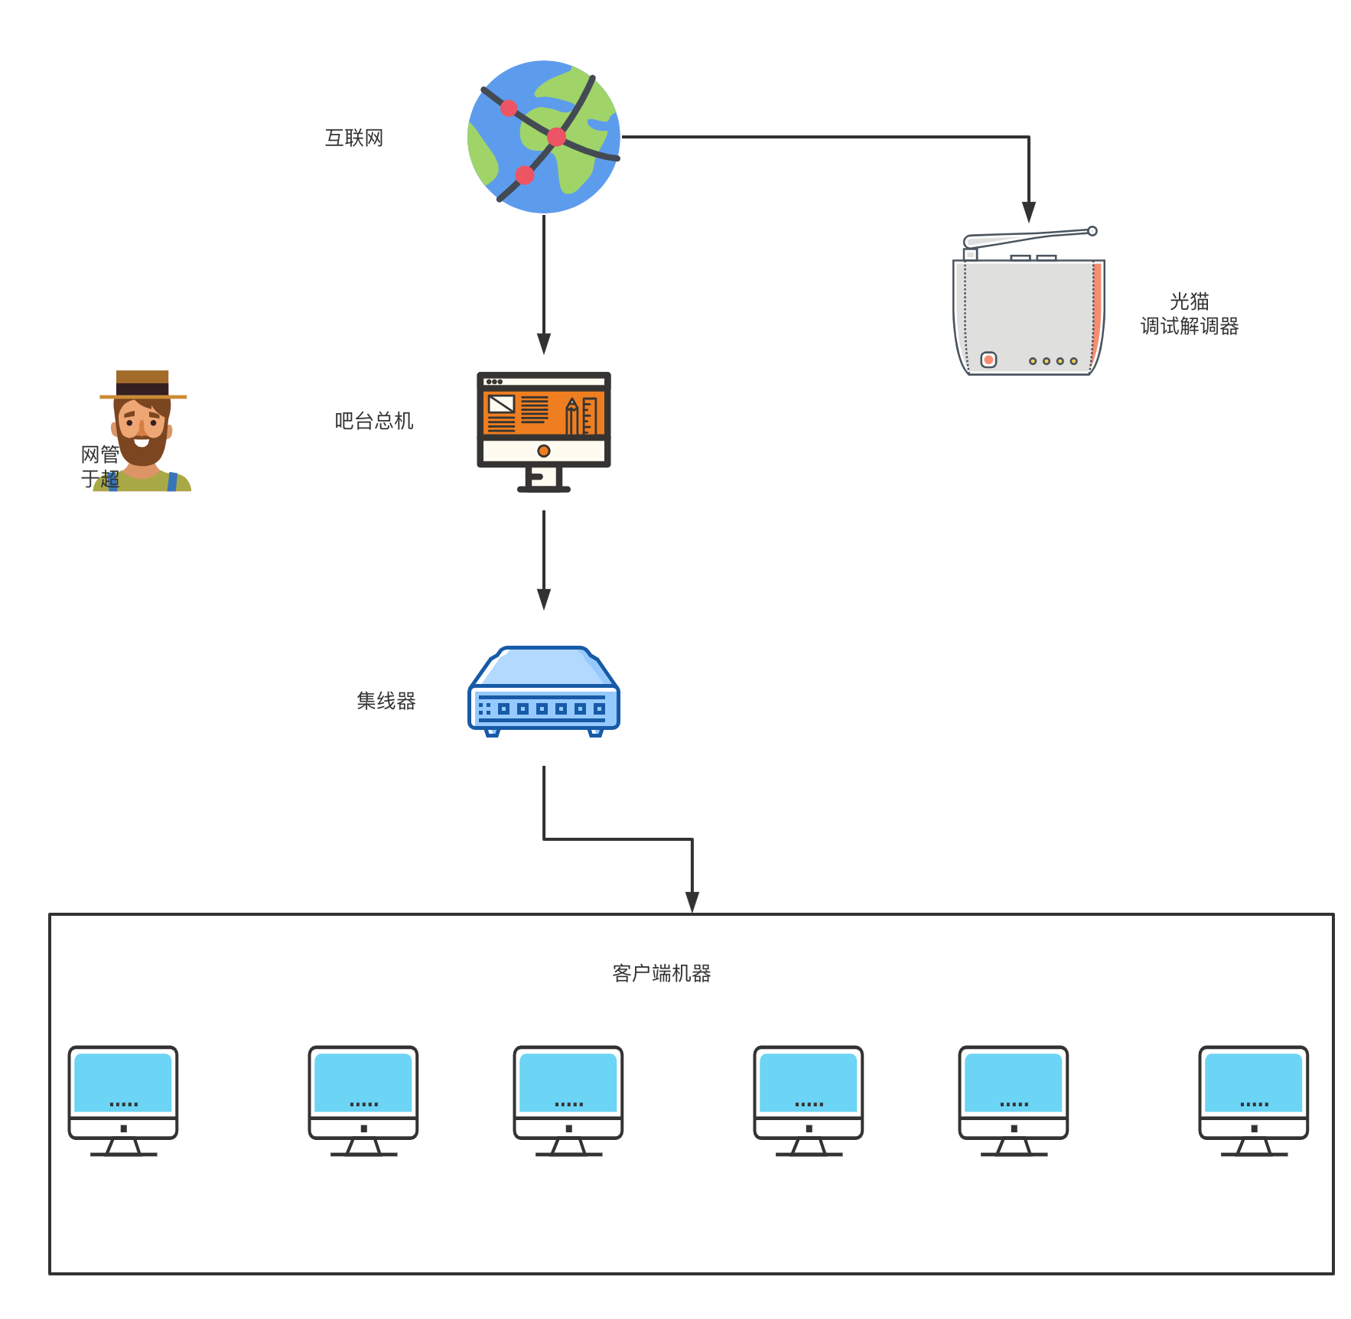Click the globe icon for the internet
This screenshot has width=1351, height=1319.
[543, 137]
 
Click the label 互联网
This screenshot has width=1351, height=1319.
[353, 138]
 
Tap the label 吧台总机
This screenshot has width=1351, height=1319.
[373, 421]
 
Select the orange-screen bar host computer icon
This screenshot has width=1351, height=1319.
[543, 431]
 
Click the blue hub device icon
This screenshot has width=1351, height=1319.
[543, 692]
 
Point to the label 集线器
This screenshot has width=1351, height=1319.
[386, 701]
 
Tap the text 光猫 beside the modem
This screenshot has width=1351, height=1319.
[1189, 301]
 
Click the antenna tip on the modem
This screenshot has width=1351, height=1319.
[1092, 231]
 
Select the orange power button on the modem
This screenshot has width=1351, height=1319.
[988, 360]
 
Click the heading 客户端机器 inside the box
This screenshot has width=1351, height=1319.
[661, 973]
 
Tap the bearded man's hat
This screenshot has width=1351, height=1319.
[142, 383]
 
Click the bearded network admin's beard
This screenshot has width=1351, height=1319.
[142, 451]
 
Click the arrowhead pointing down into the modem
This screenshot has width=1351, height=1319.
[1029, 212]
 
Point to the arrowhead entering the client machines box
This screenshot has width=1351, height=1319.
[692, 902]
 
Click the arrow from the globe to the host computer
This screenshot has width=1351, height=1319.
[544, 283]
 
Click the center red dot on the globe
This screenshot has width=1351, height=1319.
[557, 137]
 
